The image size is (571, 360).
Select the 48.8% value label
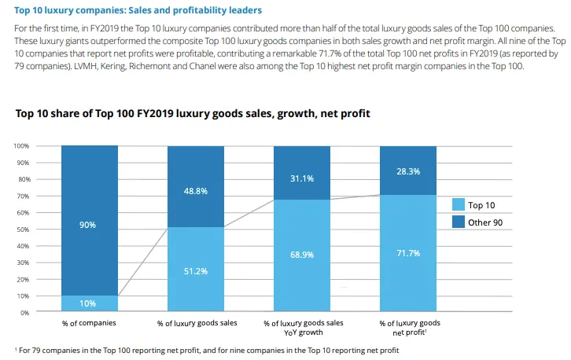[x=195, y=191]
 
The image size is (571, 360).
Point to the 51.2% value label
[x=195, y=270]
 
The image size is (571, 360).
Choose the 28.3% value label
[x=408, y=171]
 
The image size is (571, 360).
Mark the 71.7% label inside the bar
[x=408, y=252]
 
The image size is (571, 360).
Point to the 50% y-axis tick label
[x=23, y=230]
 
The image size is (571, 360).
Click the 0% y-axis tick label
[x=24, y=313]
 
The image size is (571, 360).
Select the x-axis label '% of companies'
[x=89, y=323]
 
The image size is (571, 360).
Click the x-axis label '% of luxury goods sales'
[x=196, y=323]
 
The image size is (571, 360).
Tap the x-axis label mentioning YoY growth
[x=302, y=328]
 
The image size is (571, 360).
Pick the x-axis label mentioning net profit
[x=408, y=328]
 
